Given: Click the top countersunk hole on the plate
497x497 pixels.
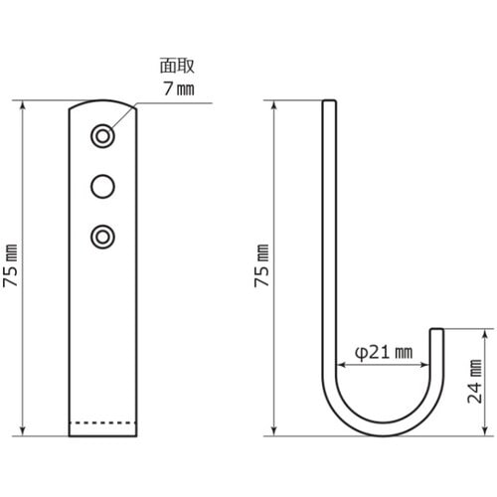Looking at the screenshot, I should pyautogui.click(x=101, y=134).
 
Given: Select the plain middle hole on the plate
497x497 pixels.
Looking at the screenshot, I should pyautogui.click(x=101, y=185).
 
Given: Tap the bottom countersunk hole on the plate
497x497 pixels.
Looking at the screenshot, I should pyautogui.click(x=101, y=236).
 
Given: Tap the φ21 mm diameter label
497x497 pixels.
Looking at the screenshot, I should pyautogui.click(x=384, y=351).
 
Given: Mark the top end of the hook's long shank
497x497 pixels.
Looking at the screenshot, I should pyautogui.click(x=330, y=100).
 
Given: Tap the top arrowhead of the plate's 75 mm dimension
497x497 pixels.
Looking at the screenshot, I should pyautogui.click(x=23, y=102).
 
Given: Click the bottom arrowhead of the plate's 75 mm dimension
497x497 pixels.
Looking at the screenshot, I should pyautogui.click(x=23, y=433).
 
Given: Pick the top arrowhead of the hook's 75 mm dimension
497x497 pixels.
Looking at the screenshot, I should pyautogui.click(x=274, y=102).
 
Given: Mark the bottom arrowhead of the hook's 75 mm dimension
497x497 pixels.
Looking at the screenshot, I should pyautogui.click(x=274, y=433).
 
